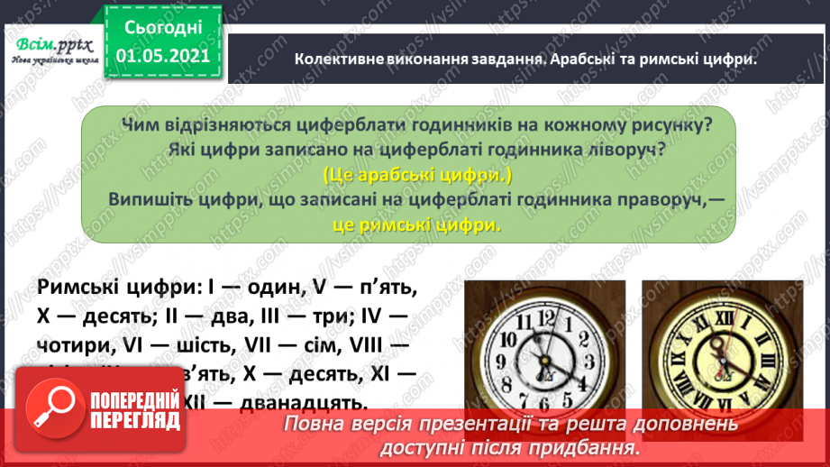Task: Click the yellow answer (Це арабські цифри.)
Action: [416, 175]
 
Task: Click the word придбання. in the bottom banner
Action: [596, 446]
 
